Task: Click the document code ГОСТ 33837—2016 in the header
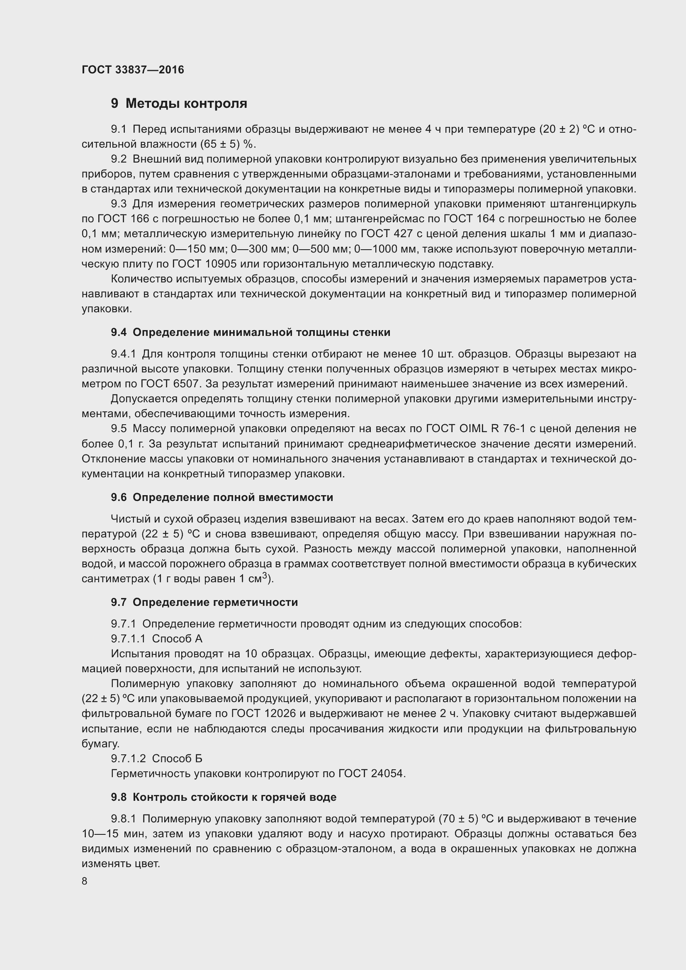point(133,70)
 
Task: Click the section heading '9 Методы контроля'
point(179,104)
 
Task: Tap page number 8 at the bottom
point(85,880)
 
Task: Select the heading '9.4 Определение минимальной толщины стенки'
point(251,333)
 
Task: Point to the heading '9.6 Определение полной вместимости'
point(222,497)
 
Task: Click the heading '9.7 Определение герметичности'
point(204,602)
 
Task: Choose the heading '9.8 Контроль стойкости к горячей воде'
point(224,797)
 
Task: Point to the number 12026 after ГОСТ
point(282,714)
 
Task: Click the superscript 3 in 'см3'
point(265,576)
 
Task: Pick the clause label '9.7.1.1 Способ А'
point(157,639)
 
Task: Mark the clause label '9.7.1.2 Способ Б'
point(157,759)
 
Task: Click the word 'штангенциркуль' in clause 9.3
point(593,204)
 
